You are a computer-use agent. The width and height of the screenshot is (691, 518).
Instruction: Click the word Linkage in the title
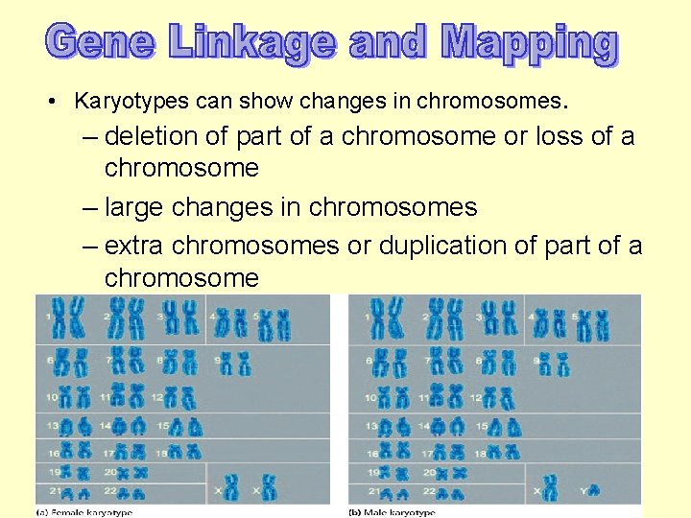[x=253, y=42]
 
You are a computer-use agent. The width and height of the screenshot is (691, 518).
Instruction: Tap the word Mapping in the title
[x=529, y=44]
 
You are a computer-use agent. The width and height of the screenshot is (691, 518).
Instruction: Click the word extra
[x=133, y=246]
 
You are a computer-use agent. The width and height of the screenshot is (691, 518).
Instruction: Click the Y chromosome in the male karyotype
[x=594, y=488]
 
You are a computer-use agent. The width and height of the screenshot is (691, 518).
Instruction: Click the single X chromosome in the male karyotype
[x=549, y=488]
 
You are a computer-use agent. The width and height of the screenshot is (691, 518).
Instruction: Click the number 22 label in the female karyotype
[x=111, y=492]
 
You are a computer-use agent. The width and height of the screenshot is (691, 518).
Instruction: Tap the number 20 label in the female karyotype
[x=111, y=472]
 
